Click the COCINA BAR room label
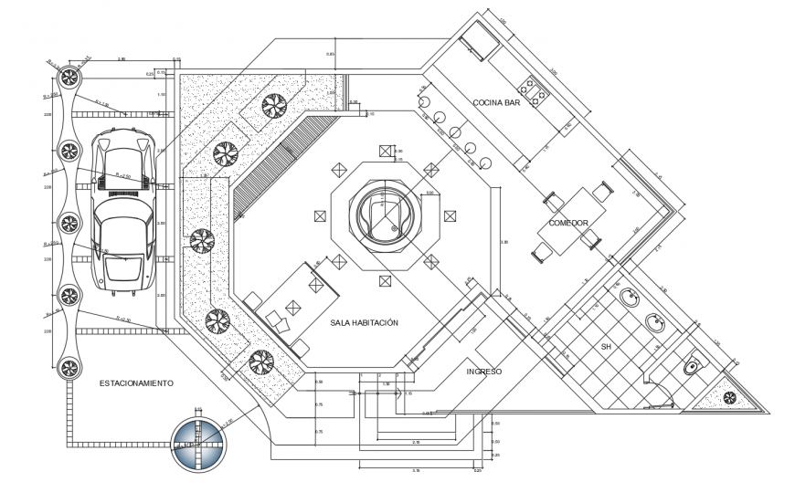click(x=496, y=102)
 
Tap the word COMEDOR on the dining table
click(x=575, y=223)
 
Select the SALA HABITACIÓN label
click(x=365, y=322)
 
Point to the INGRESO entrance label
click(x=483, y=372)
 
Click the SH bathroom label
click(x=605, y=348)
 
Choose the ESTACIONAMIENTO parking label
click(x=135, y=383)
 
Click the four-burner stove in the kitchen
click(x=534, y=89)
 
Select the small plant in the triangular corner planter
click(x=730, y=397)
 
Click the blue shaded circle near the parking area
click(x=200, y=444)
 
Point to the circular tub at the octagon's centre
click(x=385, y=217)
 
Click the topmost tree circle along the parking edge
click(x=68, y=75)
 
